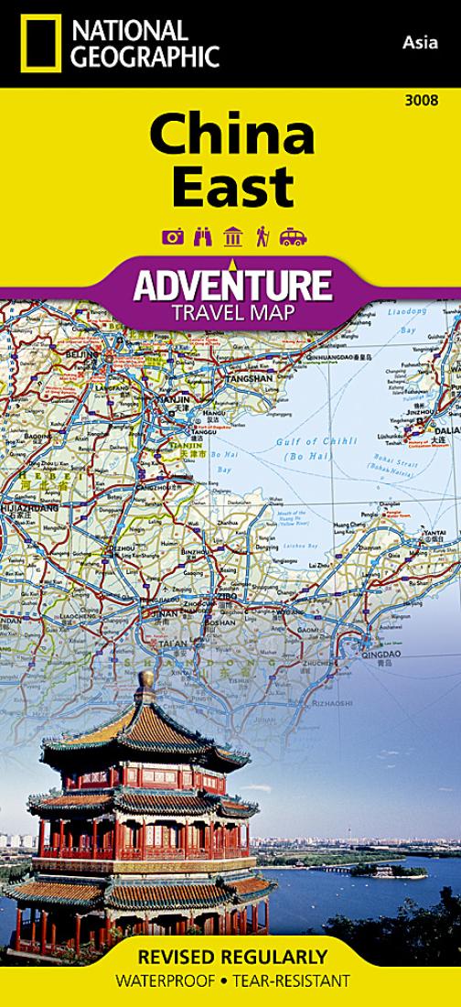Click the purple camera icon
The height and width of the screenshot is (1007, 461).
coord(172,237)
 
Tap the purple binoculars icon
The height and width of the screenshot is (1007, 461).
coord(202,237)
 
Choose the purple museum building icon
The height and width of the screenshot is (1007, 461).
coord(232,237)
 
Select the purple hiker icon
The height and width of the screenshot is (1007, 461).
coord(261,237)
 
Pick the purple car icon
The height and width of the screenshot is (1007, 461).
coord(293,237)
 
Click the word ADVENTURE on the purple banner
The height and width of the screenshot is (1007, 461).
coord(231,286)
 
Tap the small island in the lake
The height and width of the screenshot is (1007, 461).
coord(375,870)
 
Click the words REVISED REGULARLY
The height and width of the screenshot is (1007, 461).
coord(231,958)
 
